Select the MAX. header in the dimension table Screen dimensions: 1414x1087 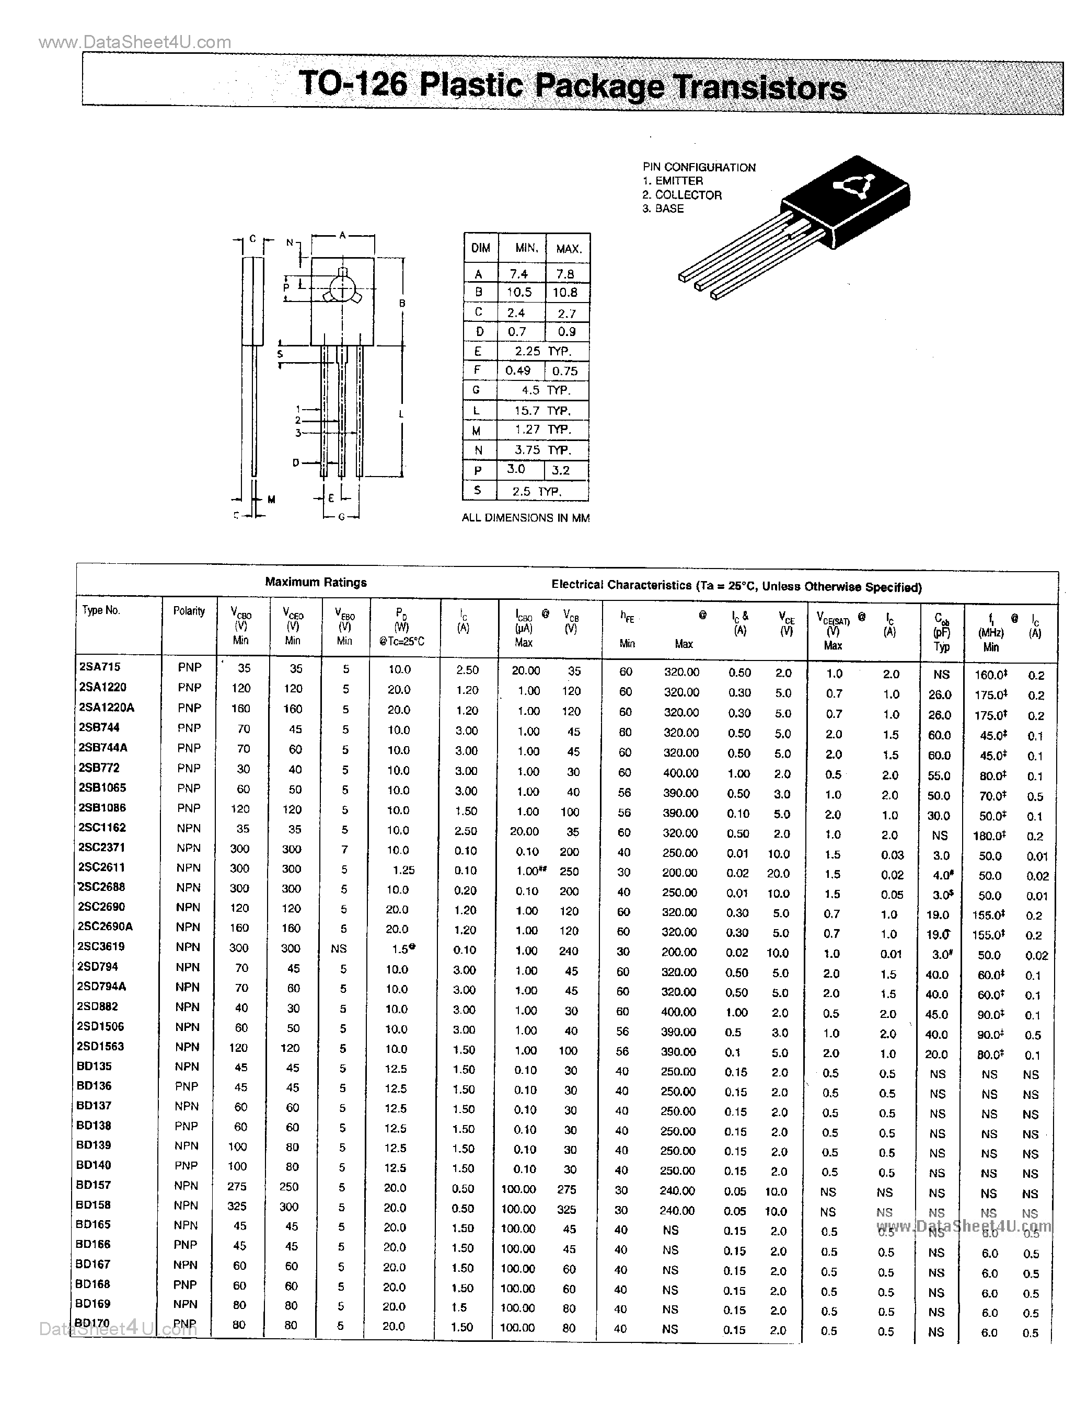click(x=568, y=248)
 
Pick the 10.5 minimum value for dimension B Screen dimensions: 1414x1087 click(x=518, y=293)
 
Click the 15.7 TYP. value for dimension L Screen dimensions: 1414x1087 click(x=542, y=410)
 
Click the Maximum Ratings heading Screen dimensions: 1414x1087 click(x=316, y=582)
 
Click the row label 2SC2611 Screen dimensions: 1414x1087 click(x=101, y=867)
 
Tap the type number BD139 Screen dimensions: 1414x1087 click(x=94, y=1145)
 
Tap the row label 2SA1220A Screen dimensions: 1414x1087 click(x=107, y=707)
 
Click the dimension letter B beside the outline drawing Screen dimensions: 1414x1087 click(x=402, y=304)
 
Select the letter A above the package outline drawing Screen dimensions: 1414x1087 click(x=342, y=236)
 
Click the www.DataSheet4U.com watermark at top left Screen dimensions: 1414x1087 click(x=135, y=43)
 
